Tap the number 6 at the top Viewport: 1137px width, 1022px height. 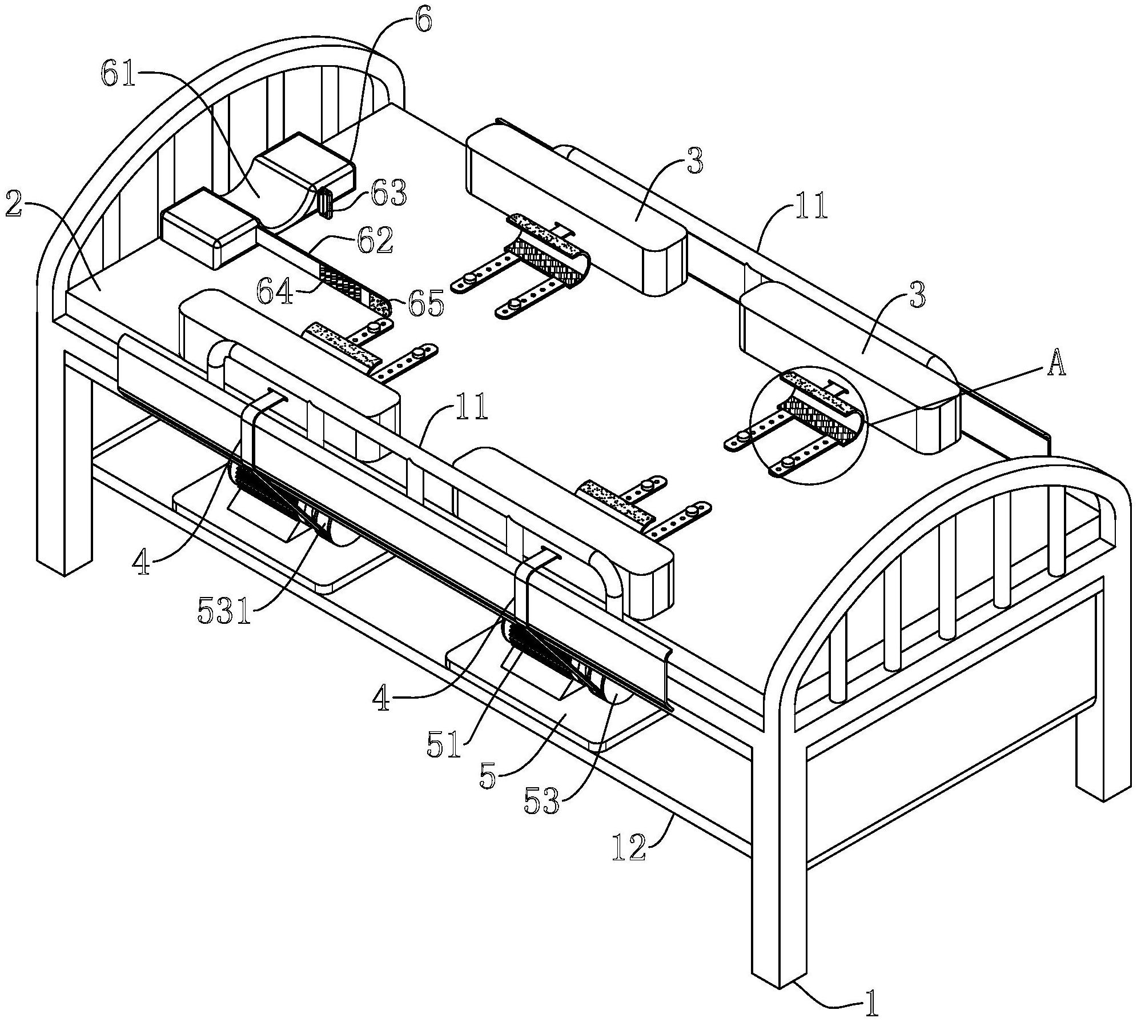click(x=424, y=22)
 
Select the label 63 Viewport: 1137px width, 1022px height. click(x=388, y=194)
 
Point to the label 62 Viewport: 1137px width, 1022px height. click(x=374, y=241)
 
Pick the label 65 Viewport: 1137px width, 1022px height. click(x=425, y=303)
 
